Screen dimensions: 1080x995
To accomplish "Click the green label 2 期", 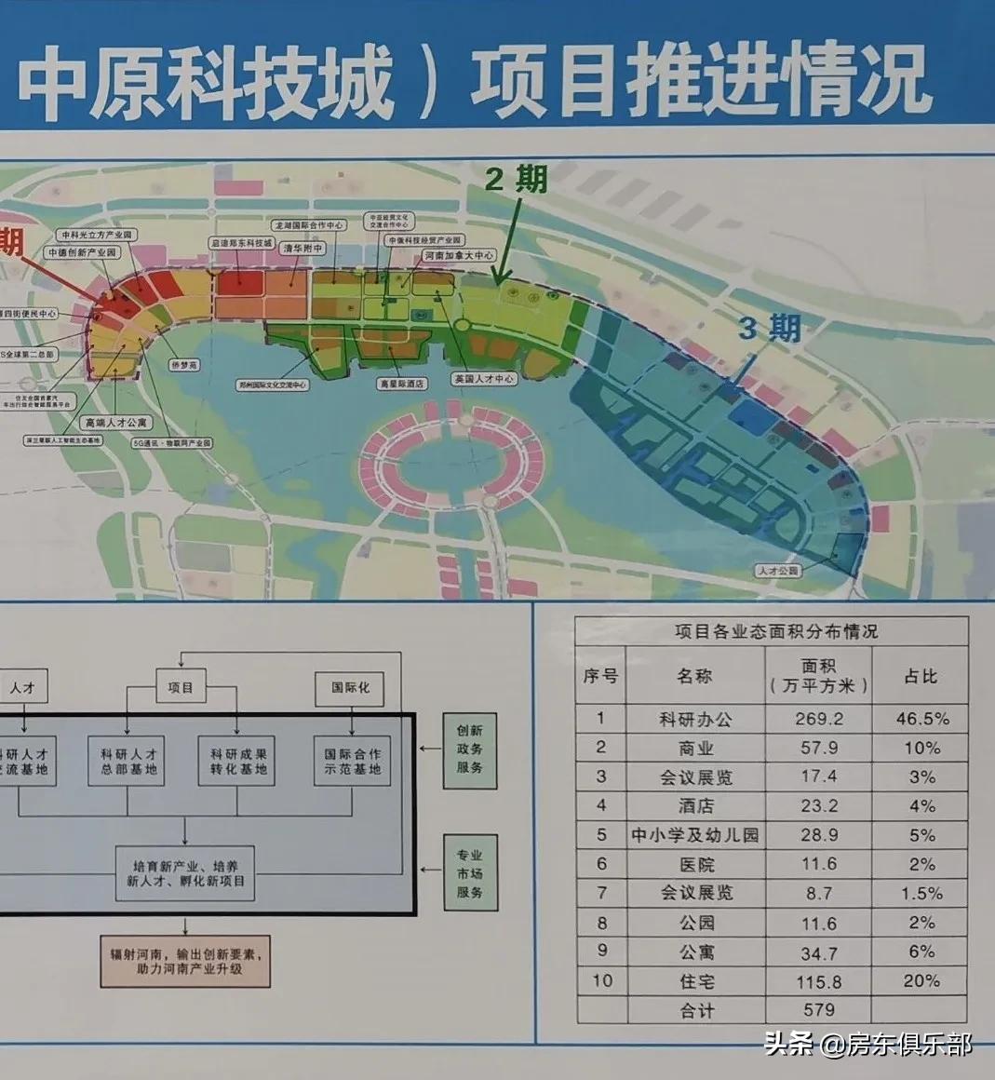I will click(517, 177).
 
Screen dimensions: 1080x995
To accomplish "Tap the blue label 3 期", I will click(769, 329).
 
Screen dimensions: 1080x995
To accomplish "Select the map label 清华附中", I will click(303, 250).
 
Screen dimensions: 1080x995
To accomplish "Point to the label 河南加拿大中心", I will click(459, 255).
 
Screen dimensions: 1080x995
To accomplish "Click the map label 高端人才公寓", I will click(115, 423).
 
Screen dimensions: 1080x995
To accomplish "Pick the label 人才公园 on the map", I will click(778, 571).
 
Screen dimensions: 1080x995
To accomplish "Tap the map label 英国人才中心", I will click(483, 380).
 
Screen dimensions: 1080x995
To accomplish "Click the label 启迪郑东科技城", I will click(241, 244).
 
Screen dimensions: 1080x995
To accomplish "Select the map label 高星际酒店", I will click(402, 383).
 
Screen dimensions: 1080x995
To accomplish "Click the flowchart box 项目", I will click(180, 688).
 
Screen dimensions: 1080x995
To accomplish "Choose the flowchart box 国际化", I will click(350, 688).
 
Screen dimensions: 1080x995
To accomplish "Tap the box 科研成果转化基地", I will click(236, 761).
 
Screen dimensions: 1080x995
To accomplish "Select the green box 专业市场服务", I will click(469, 873).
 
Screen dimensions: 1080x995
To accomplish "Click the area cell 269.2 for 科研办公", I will click(818, 719).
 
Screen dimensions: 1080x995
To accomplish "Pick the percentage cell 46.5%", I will click(921, 719).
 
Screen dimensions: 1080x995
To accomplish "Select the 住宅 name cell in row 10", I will click(695, 981).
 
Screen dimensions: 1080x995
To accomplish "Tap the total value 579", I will click(818, 1009).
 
